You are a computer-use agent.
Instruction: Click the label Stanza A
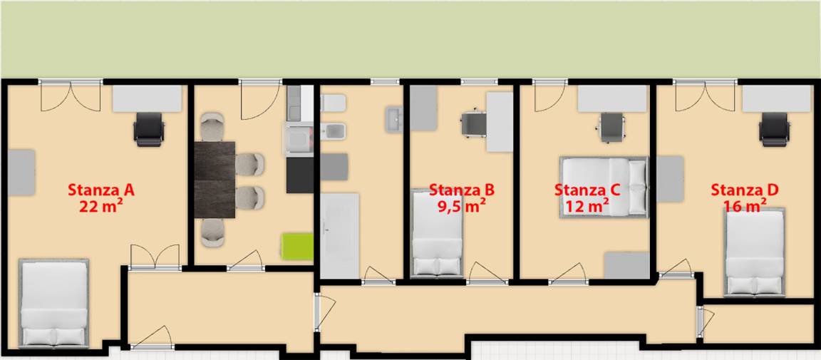101,189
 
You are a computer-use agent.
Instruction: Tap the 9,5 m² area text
461,205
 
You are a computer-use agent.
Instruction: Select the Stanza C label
587,189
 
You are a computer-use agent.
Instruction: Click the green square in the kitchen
297,246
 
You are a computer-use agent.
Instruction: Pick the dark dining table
215,179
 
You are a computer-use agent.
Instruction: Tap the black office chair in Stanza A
149,129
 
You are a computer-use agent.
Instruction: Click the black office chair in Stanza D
775,129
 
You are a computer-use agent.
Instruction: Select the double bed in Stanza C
604,187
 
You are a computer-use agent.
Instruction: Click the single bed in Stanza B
438,233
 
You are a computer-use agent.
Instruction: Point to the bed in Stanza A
53,303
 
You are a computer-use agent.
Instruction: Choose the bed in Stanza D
755,252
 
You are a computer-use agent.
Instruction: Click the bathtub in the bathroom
340,236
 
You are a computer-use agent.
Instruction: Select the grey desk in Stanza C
612,98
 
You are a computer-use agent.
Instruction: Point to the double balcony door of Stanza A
71,97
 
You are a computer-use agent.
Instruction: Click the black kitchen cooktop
300,175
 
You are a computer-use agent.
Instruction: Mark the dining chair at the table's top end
212,126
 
